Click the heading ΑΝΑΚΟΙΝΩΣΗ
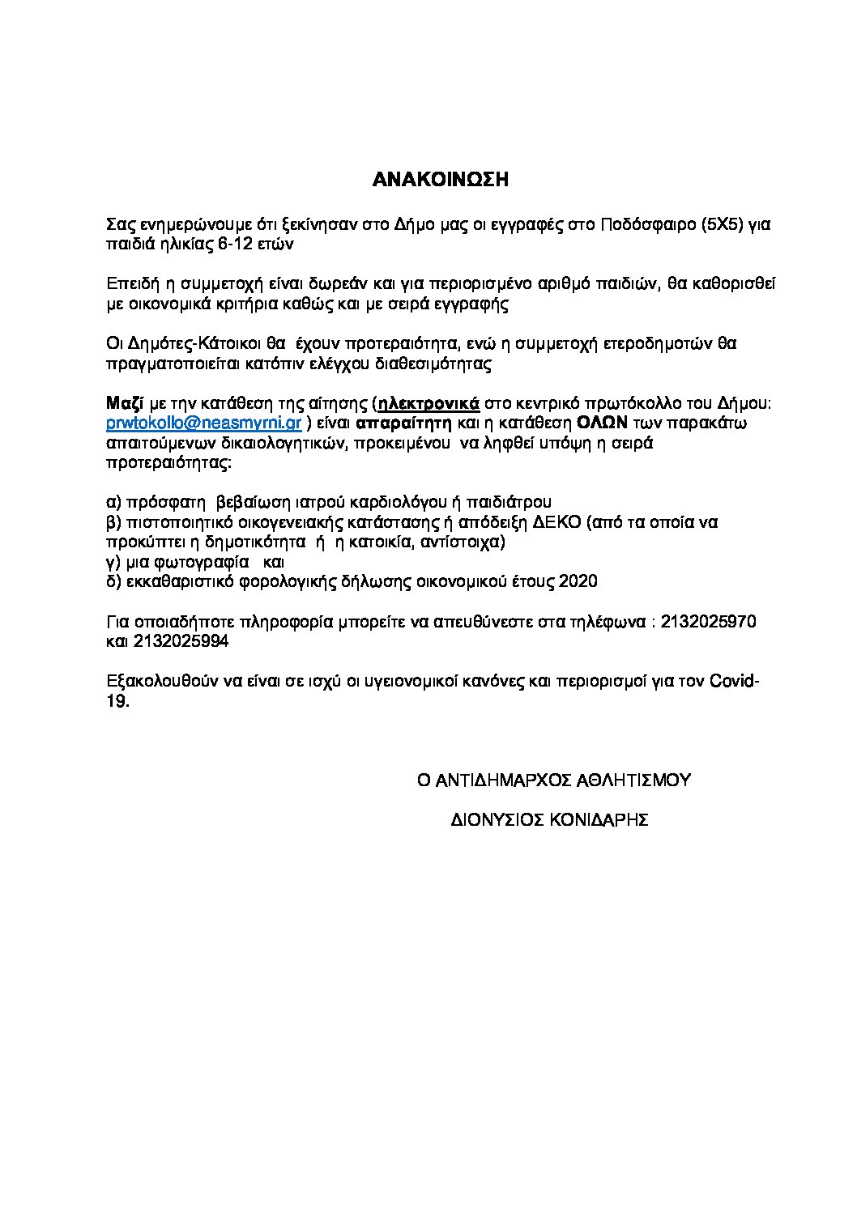440,180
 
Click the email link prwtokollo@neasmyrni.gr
205,423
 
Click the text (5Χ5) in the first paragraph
722,224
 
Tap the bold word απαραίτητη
403,423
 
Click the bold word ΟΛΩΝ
603,423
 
